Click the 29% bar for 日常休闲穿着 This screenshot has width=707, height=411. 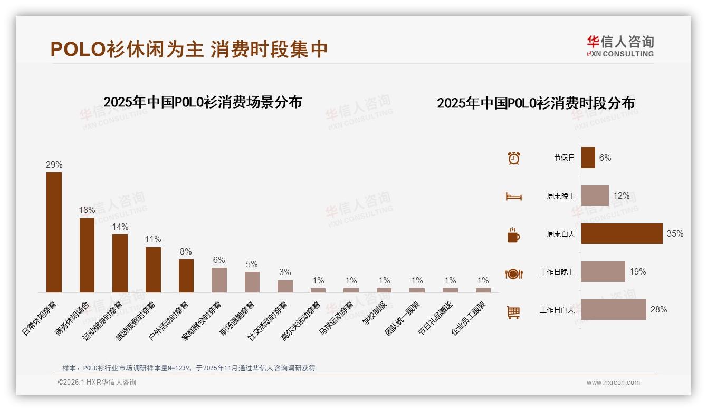[x=54, y=232]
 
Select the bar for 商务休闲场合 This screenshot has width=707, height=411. [x=87, y=255]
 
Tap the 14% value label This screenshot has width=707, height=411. [x=120, y=227]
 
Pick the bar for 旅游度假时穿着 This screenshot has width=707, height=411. [x=153, y=269]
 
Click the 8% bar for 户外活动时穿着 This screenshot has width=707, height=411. [x=186, y=276]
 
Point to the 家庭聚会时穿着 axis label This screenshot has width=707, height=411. [x=203, y=321]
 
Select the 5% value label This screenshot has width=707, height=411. [x=252, y=264]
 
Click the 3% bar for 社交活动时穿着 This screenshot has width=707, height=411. [x=285, y=286]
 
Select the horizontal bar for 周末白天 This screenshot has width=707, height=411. [x=622, y=233]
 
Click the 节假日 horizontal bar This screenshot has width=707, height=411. [x=588, y=158]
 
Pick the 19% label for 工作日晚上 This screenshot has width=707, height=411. [x=637, y=271]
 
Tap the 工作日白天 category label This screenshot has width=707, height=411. [x=557, y=310]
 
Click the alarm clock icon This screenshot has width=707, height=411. [x=513, y=158]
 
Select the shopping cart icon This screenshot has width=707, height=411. [x=513, y=312]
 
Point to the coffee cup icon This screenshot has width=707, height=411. [x=513, y=235]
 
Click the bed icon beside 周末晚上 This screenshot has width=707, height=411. [x=513, y=197]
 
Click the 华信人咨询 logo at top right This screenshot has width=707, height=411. [x=620, y=46]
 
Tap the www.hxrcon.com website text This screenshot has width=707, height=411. [x=613, y=383]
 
